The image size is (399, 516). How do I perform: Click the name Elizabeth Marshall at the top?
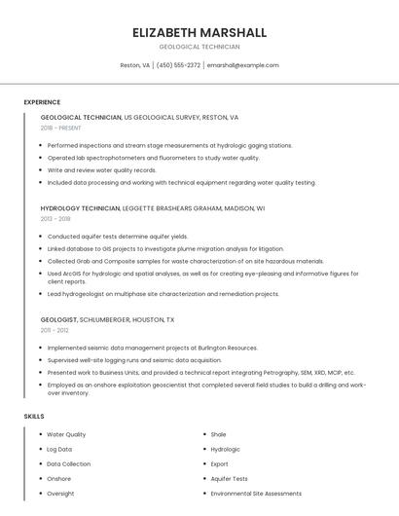click(199, 32)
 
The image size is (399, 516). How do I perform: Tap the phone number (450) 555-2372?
click(178, 65)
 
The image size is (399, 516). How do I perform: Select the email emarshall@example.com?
click(242, 65)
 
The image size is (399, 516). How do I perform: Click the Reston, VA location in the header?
click(134, 65)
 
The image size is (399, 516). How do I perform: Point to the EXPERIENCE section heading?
click(42, 102)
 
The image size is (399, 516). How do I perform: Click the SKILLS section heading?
click(33, 417)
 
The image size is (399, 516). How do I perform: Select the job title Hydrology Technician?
click(80, 208)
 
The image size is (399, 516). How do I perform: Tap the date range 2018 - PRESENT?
click(61, 128)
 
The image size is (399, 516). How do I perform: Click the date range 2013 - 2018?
click(55, 219)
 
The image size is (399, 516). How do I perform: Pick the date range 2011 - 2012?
click(54, 330)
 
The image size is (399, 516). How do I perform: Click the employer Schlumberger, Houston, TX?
click(128, 319)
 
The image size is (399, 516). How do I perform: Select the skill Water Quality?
click(66, 434)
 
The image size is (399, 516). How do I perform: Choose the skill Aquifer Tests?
click(229, 479)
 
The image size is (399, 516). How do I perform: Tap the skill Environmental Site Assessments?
click(256, 494)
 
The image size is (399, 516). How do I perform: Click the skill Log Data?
click(59, 449)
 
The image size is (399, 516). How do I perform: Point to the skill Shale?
click(218, 434)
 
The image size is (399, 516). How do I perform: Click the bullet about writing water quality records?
click(101, 170)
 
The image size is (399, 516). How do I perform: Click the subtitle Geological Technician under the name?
click(199, 47)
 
